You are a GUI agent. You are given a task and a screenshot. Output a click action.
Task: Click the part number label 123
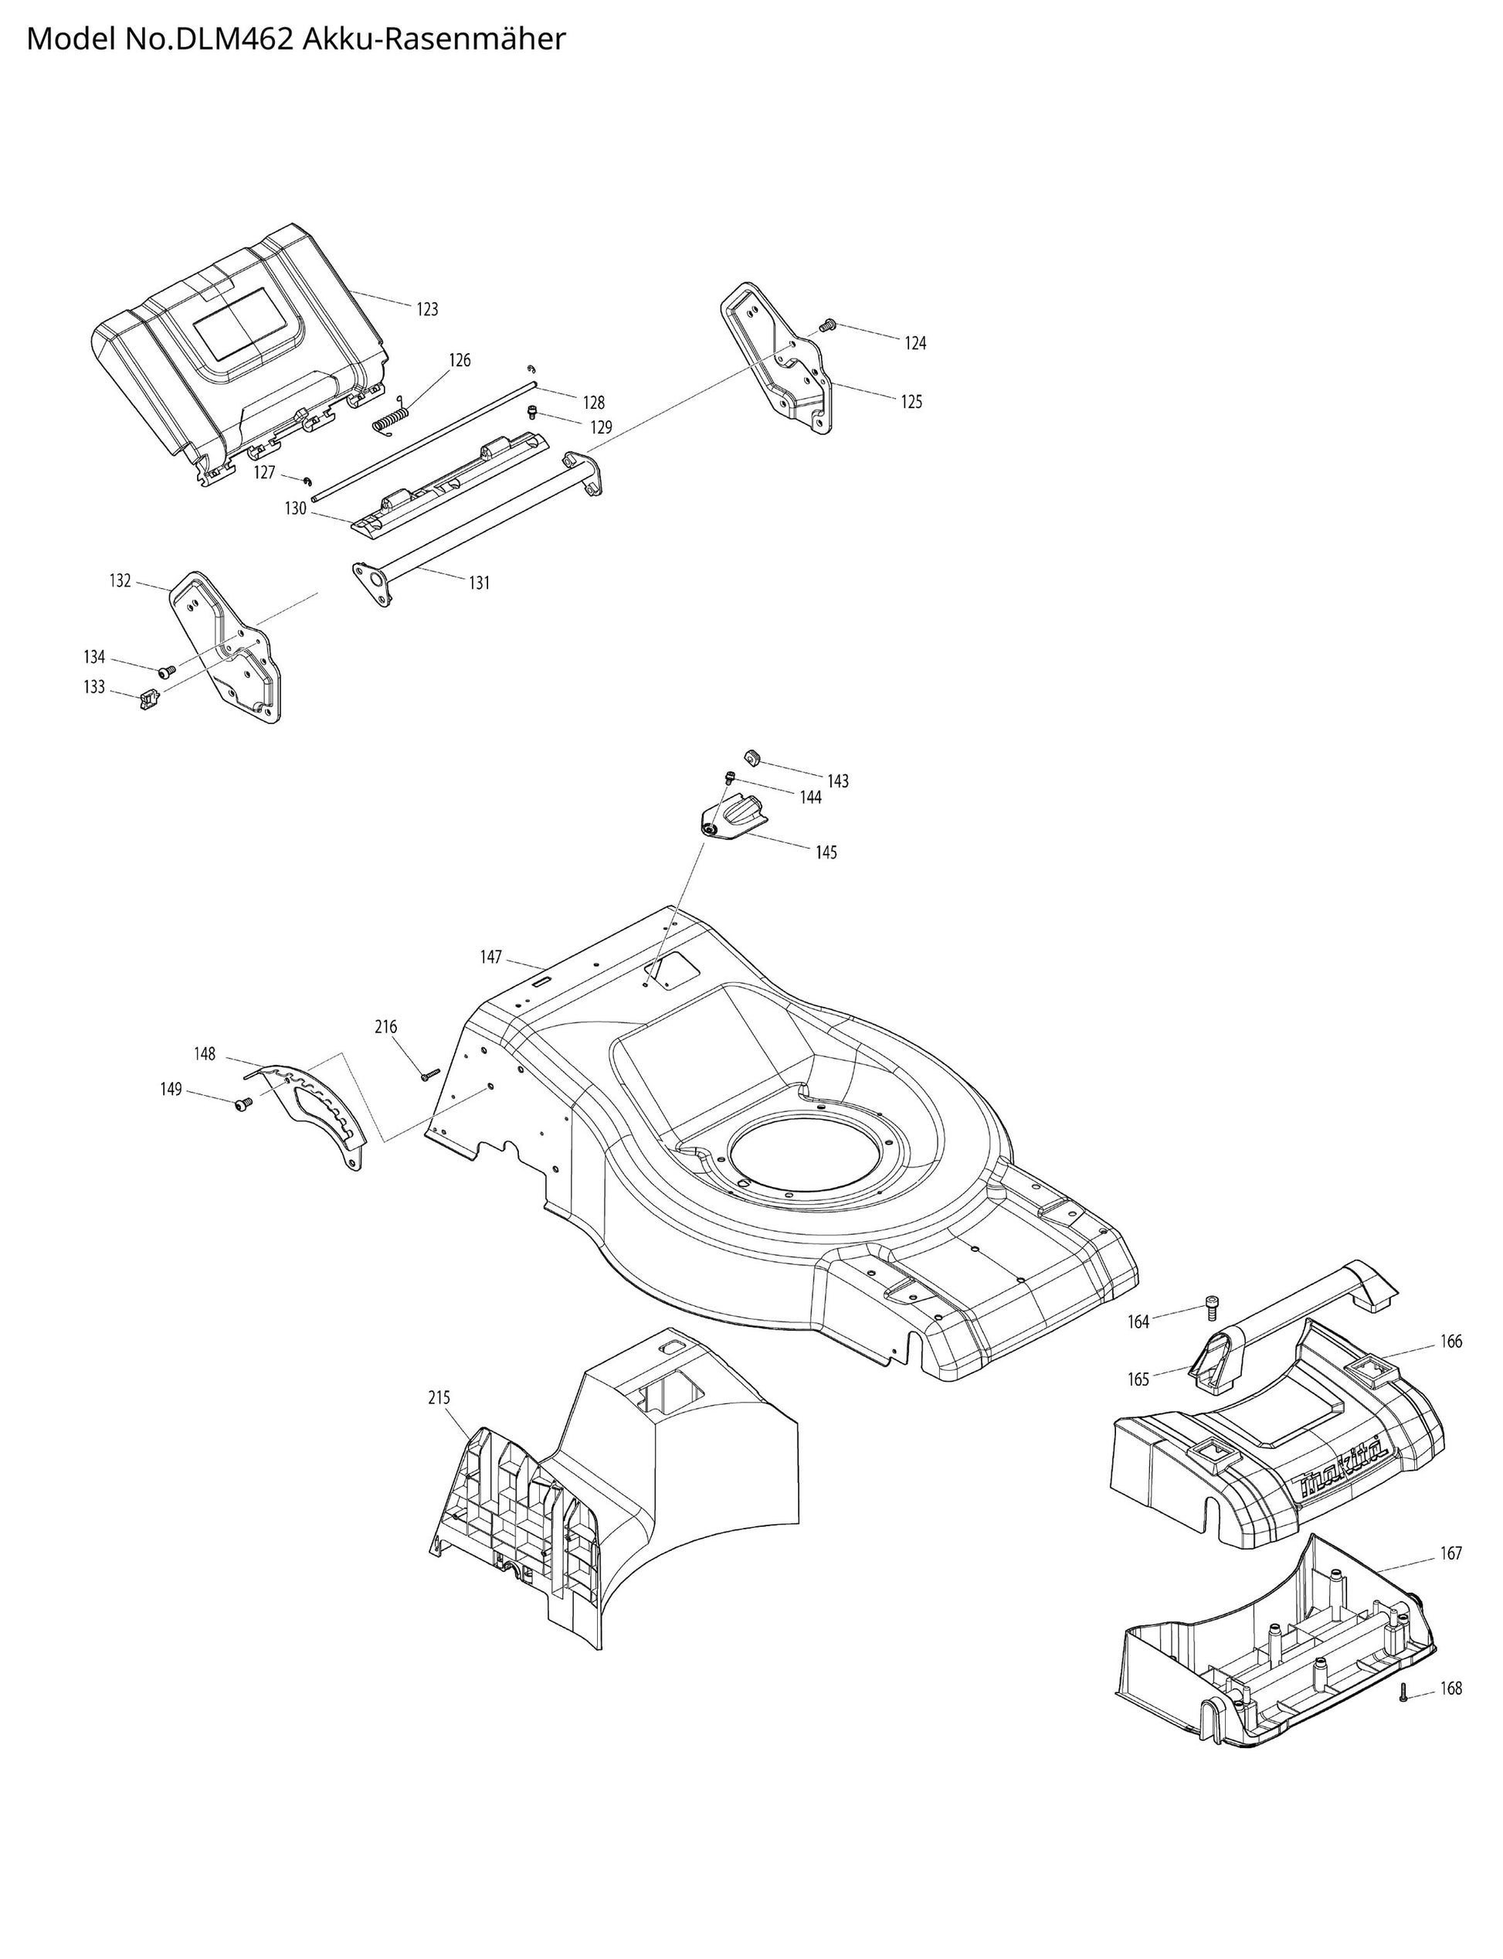coord(428,310)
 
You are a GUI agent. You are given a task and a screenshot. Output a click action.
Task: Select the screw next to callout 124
coord(827,325)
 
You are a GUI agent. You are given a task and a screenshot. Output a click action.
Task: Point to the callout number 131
coord(480,583)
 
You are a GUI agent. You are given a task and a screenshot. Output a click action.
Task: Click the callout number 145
coord(826,853)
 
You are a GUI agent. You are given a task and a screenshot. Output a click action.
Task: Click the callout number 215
coord(439,1398)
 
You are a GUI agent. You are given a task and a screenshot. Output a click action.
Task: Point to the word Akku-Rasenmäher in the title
coord(434,39)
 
